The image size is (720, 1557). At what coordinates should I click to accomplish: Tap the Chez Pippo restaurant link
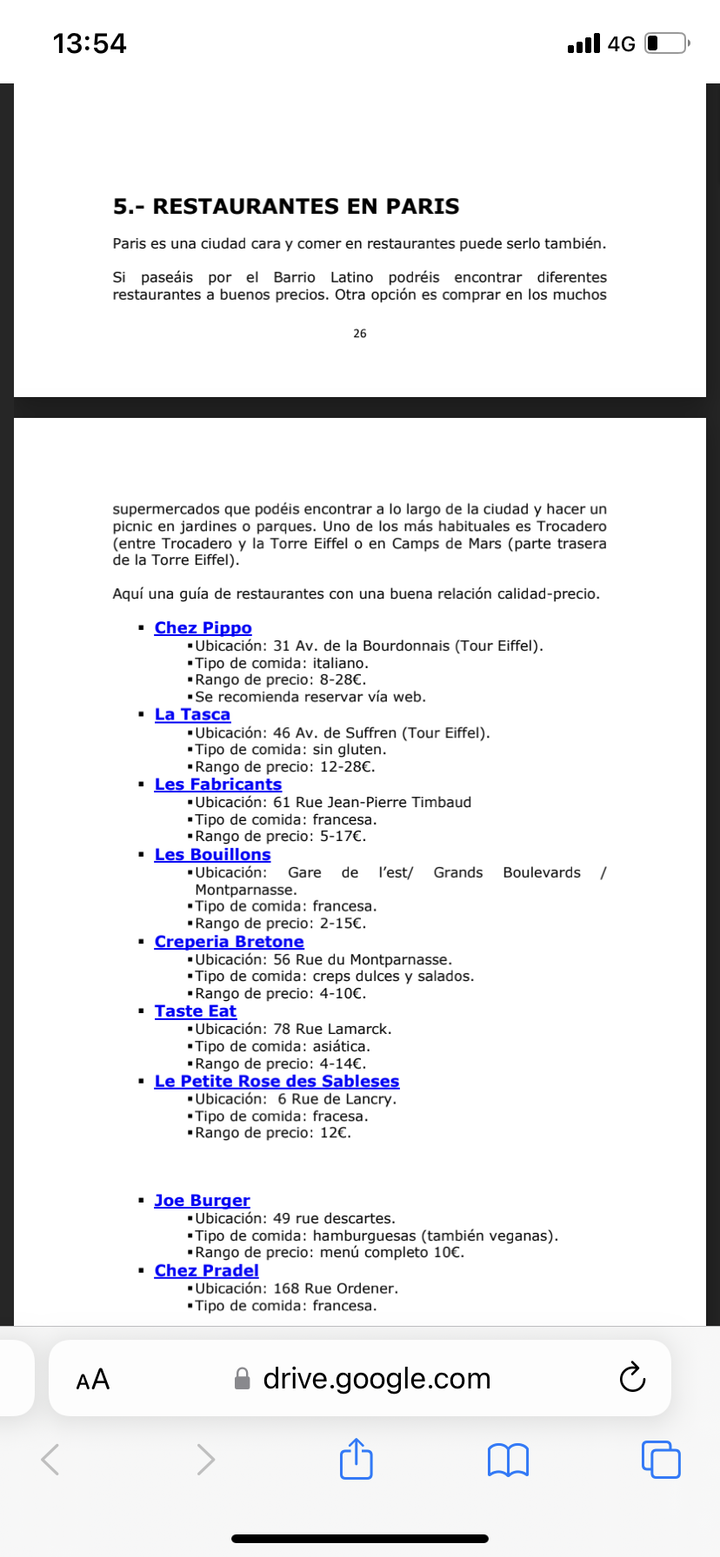pos(203,628)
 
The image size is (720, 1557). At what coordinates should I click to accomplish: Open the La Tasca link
pos(192,715)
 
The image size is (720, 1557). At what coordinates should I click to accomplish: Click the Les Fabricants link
pos(217,785)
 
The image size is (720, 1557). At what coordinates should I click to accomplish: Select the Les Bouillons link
pos(212,855)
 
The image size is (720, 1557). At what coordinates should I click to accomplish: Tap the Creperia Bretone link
pos(229,942)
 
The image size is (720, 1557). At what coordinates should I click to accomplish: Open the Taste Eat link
pos(195,1011)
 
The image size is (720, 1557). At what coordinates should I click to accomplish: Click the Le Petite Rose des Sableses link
pos(277,1082)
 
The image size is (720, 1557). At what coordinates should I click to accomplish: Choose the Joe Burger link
pos(202,1201)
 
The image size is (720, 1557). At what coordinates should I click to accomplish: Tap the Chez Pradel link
pos(206,1271)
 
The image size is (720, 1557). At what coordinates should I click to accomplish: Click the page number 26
pos(360,334)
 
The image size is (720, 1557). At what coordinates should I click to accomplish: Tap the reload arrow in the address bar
pos(632,1378)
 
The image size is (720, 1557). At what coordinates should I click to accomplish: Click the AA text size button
pos(93,1380)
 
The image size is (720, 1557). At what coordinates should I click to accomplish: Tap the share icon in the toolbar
pos(356,1459)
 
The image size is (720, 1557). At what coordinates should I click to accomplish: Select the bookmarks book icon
pos(509,1460)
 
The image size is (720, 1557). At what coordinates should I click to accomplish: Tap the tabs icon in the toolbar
pos(661,1459)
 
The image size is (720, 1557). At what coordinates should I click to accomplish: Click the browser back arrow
pos(51,1460)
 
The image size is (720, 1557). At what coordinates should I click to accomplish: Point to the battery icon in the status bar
pos(666,43)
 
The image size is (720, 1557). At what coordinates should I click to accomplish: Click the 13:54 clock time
pos(90,43)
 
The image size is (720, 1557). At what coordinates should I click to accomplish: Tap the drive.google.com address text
pos(377,1379)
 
